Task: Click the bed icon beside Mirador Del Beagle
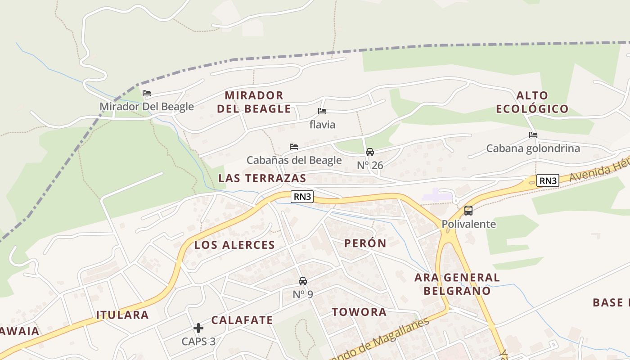147,94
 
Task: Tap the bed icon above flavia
322,111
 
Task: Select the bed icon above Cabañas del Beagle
294,147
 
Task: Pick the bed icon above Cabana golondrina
533,135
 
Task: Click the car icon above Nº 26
370,152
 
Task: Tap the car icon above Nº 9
303,281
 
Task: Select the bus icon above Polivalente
468,211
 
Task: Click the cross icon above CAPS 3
198,328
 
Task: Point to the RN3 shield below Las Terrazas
302,197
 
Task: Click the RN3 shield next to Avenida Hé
548,181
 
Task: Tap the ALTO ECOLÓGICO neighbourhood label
532,102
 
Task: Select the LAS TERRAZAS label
262,178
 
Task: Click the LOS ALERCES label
234,245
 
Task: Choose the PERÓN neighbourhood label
365,243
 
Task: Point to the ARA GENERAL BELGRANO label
457,284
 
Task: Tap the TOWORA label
359,312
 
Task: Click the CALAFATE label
242,320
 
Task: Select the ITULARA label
122,315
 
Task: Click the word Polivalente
468,224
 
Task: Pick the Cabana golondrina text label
533,148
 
